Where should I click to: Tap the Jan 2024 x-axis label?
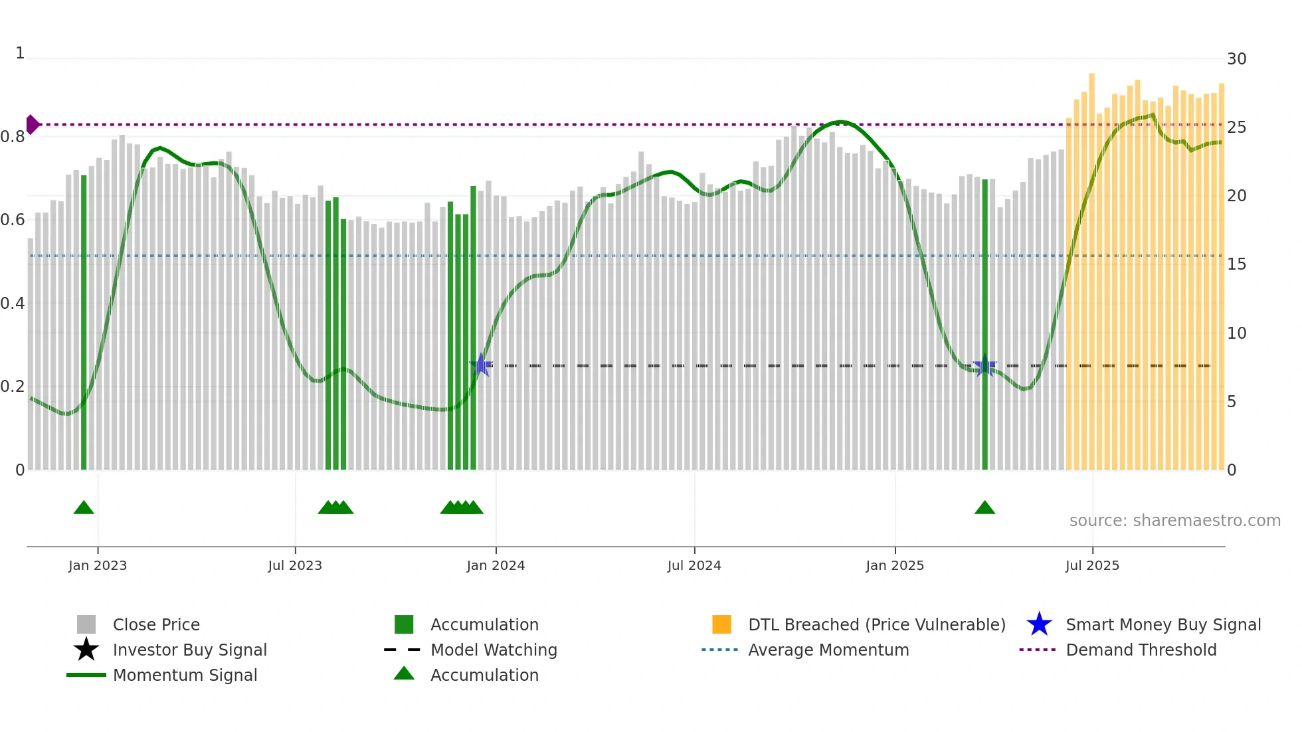496,566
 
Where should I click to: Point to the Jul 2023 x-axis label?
295,566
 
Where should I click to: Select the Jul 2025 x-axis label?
1092,566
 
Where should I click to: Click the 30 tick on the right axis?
1236,59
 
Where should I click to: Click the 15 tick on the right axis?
1236,264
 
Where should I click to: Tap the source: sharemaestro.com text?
1174,521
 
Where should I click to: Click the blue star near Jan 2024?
481,365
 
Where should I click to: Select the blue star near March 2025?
984,366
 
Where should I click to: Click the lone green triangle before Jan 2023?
84,508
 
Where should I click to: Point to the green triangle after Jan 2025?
984,508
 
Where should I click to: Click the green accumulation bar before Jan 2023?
84,322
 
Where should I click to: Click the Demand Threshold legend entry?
1141,650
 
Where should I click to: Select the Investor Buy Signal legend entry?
189,650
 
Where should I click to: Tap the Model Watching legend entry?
493,650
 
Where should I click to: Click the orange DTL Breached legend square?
721,625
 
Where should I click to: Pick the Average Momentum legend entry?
828,650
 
